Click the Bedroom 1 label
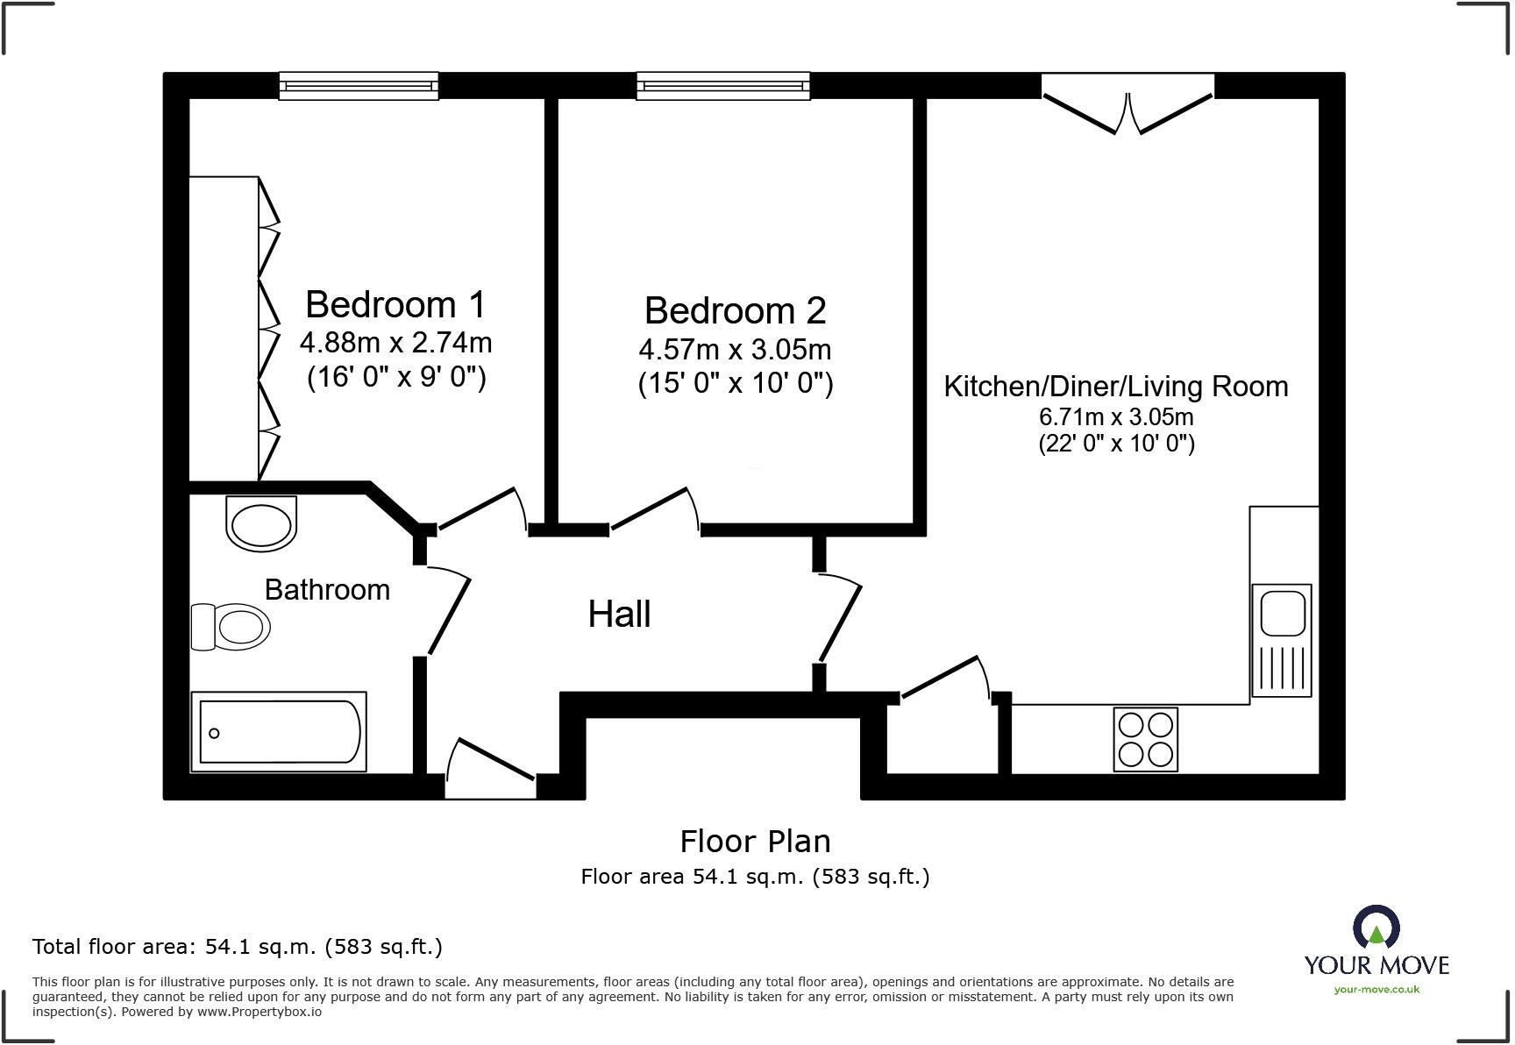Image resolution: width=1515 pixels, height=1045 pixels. pos(395,305)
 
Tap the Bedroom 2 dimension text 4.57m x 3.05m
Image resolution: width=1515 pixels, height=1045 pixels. pos(735,350)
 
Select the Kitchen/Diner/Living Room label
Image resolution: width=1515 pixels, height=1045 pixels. pos(1115,387)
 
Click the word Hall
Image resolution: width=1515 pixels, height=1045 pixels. pos(619,615)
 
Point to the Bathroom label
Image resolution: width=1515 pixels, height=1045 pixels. pos(327,590)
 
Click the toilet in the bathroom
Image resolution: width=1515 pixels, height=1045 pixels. pos(231,627)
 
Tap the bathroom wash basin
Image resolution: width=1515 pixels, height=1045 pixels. pos(261,523)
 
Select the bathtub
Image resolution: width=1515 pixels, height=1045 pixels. pos(279,732)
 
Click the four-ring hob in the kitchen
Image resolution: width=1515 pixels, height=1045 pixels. pos(1145,739)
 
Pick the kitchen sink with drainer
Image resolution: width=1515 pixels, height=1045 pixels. pos(1281,640)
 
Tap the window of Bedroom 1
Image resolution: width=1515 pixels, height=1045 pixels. pos(359,86)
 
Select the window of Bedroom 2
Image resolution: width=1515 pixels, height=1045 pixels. pos(723,86)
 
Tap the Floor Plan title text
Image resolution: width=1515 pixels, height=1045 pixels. pos(755,842)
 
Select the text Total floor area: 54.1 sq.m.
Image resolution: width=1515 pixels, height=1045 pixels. pos(237,947)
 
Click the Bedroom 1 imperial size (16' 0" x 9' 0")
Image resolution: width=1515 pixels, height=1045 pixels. pos(396,378)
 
